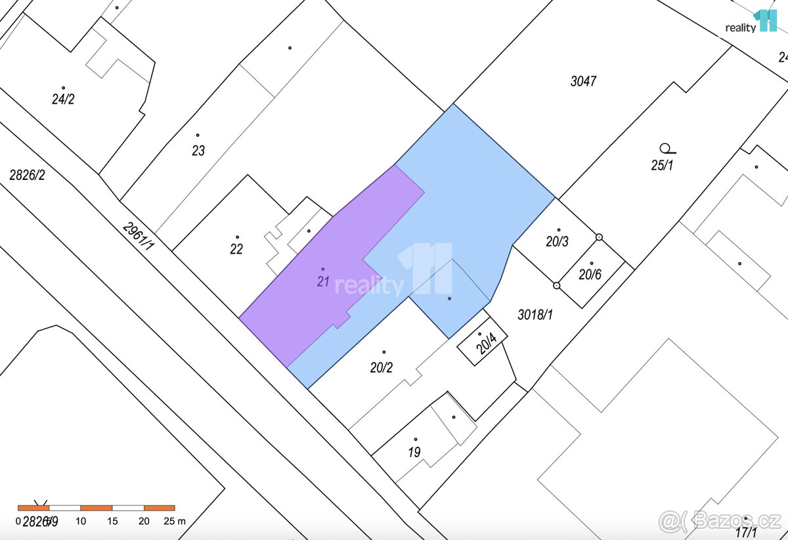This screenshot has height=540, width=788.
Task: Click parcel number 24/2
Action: click(63, 99)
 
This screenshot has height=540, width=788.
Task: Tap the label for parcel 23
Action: click(198, 150)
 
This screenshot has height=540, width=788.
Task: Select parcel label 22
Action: click(236, 249)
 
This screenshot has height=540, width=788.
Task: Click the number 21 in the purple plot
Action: click(322, 282)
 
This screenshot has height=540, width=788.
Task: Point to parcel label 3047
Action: click(583, 81)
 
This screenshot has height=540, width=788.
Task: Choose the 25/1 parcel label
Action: click(662, 166)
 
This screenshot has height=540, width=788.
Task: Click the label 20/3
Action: click(557, 242)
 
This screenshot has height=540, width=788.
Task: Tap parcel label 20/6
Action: click(590, 275)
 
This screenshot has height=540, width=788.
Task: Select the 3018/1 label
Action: click(535, 315)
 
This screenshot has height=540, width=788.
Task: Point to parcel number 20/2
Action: click(381, 367)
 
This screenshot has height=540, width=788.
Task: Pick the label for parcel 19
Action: click(414, 452)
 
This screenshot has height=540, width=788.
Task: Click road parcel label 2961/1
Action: click(138, 235)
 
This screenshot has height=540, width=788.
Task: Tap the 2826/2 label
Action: click(27, 175)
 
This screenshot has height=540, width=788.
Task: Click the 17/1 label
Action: click(746, 533)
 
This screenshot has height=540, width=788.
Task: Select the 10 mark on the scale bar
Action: click(81, 521)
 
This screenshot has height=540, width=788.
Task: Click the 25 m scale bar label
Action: click(174, 521)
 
